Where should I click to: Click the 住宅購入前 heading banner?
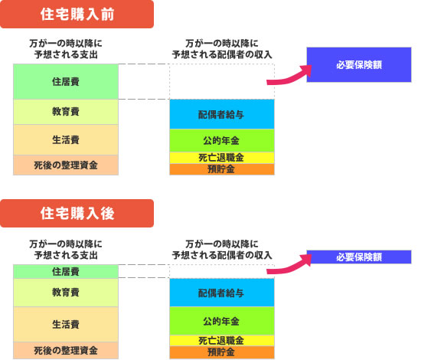(x=77, y=14)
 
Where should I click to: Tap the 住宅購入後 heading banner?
(x=77, y=213)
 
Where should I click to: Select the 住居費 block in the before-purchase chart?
(x=66, y=81)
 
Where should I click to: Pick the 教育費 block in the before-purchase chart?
(x=66, y=112)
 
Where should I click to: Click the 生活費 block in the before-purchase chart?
(x=66, y=140)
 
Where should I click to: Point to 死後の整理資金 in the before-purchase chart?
(x=66, y=165)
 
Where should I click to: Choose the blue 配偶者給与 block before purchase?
(x=222, y=114)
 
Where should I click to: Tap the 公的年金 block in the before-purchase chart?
(x=222, y=140)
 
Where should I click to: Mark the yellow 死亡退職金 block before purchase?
(x=222, y=158)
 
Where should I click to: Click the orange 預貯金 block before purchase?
(x=222, y=169)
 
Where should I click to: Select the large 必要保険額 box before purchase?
(x=359, y=65)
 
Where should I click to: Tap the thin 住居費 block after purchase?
(x=66, y=272)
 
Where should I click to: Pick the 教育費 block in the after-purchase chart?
(x=66, y=293)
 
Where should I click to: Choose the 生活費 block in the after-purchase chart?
(x=66, y=324)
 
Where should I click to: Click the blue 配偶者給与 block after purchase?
(x=222, y=293)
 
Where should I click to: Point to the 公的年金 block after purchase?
(x=222, y=321)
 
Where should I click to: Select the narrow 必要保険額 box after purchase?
(x=359, y=257)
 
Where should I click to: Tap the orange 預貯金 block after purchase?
(x=222, y=352)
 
